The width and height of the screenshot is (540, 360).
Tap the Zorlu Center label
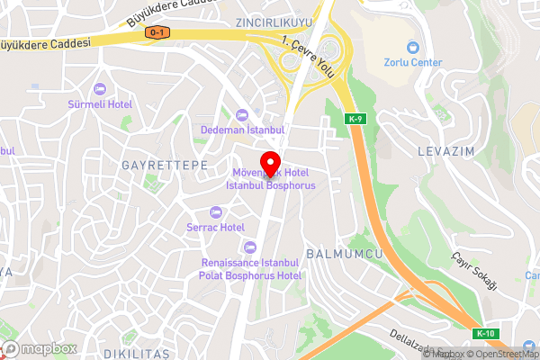414,63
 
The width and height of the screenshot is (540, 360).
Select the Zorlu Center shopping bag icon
413,47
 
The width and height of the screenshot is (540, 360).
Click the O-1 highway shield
157,32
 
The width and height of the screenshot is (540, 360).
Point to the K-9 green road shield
355,118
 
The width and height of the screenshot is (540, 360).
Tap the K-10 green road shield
485,334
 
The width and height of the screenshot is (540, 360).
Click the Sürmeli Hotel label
100,104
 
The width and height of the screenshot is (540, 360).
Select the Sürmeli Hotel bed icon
100,89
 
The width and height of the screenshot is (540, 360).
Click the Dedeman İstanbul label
241,129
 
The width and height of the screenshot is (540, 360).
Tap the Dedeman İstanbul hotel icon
241,113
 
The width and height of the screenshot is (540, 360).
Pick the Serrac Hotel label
215,228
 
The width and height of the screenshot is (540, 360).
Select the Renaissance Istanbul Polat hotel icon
250,247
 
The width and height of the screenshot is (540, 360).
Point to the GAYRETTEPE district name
165,166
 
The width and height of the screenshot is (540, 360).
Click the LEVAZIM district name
445,152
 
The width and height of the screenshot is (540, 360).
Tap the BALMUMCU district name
345,254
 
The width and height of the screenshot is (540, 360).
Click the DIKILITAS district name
135,354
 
